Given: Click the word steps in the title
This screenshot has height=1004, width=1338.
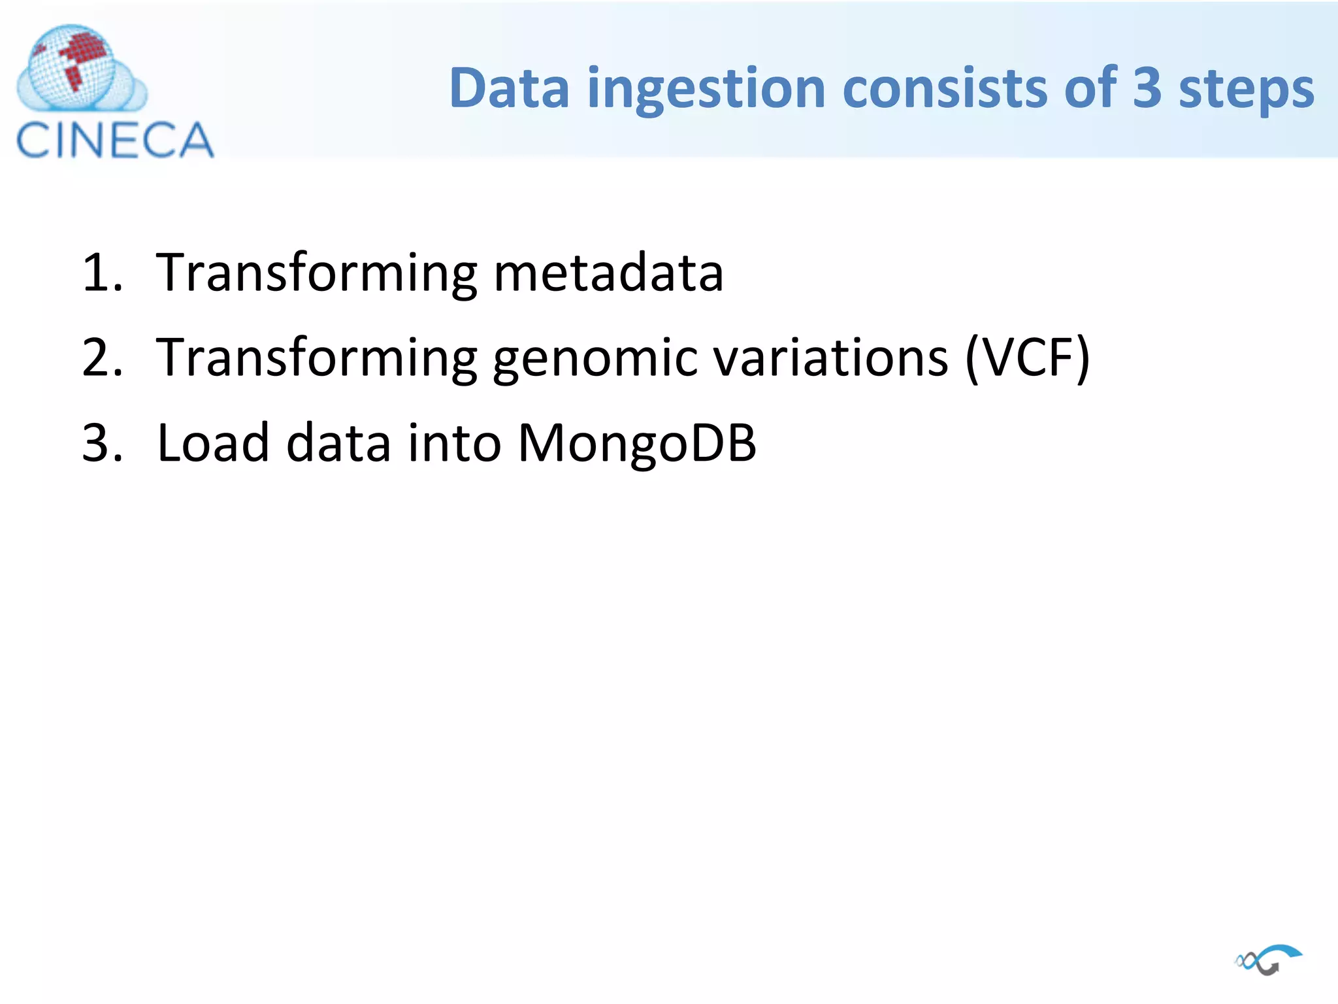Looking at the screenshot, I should [x=1246, y=90].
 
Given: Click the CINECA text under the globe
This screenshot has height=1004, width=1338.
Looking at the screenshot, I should [x=115, y=140].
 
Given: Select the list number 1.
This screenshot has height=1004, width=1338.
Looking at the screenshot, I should [x=101, y=273].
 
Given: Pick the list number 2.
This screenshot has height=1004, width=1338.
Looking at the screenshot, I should [x=101, y=358].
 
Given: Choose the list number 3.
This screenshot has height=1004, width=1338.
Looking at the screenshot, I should [x=101, y=443].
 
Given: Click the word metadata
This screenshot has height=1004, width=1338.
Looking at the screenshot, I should [x=608, y=273].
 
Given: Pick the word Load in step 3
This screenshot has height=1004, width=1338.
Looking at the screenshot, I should [x=213, y=443].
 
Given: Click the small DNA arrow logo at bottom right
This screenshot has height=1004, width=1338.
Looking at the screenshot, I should [x=1268, y=960].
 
